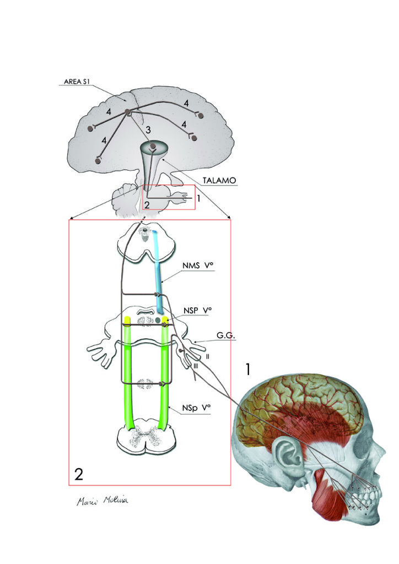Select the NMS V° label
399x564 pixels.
click(x=197, y=266)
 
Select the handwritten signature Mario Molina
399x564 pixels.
click(x=104, y=501)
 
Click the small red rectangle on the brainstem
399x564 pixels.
click(x=169, y=197)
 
